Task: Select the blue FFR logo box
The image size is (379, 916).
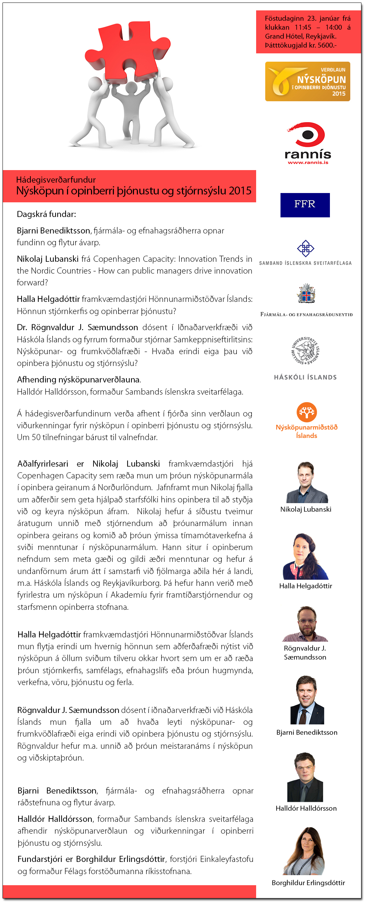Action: (305, 205)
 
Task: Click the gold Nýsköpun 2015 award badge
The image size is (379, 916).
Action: (307, 81)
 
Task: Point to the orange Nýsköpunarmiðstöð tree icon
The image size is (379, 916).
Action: (307, 412)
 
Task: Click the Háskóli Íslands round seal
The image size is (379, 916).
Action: (305, 351)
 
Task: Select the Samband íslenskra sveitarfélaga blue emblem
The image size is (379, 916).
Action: (306, 248)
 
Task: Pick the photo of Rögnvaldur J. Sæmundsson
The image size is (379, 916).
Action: (306, 623)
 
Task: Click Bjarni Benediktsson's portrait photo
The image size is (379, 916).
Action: (307, 700)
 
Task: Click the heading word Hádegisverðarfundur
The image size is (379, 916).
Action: (56, 180)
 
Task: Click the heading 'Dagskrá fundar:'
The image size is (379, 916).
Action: (47, 214)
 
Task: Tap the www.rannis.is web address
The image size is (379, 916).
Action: (308, 163)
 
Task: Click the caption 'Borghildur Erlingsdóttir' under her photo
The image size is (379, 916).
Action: (308, 883)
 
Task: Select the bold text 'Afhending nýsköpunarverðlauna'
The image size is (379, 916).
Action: (78, 380)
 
